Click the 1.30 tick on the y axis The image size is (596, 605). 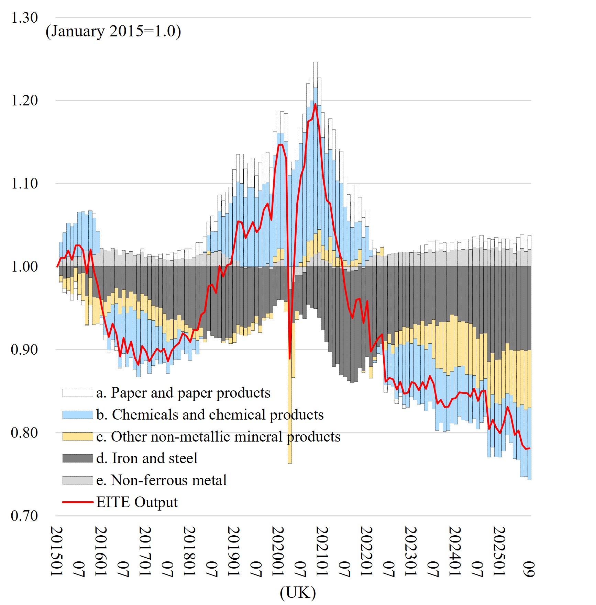pos(24,18)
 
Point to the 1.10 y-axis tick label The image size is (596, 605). pos(24,184)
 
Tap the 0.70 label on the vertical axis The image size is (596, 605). pos(24,516)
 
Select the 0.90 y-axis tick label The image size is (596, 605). pos(24,350)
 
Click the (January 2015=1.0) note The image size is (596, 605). pos(113,31)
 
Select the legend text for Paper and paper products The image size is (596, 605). pos(183,393)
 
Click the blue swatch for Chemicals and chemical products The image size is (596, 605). pos(78,415)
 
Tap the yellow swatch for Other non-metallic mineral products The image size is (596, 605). pos(78,436)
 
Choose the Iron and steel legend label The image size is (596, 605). pos(147,458)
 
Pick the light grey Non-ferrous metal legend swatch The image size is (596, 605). pos(78,480)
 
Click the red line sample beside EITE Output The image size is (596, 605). pos(78,502)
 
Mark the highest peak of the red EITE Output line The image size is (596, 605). pos(315,104)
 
